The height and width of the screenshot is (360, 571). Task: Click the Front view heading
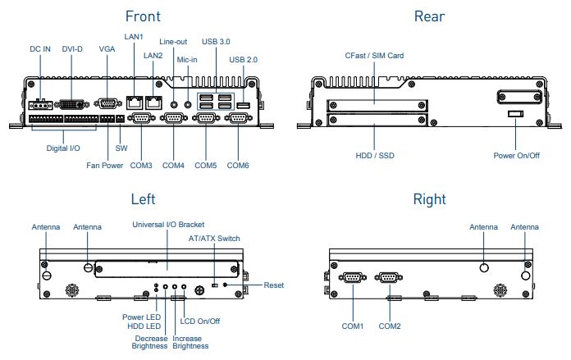point(142,16)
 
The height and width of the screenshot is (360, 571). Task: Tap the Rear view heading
point(429,16)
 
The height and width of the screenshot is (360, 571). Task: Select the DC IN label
point(40,50)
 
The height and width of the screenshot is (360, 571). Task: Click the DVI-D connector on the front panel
point(72,103)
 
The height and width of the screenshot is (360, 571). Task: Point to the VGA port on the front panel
point(107,103)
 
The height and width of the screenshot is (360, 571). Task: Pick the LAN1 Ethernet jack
point(134,103)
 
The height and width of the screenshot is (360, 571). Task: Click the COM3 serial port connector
point(141,120)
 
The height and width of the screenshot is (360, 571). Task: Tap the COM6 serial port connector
point(239,120)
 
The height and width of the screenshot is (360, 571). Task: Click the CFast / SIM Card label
point(374,56)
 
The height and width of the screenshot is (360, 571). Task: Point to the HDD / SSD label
point(374,155)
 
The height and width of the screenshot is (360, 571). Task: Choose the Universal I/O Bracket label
point(168,224)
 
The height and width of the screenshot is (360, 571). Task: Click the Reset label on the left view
point(274,285)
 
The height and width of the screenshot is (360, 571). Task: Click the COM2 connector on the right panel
point(389,278)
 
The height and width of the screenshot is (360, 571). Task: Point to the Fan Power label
point(105,166)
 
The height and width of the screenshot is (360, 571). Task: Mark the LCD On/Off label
point(201,321)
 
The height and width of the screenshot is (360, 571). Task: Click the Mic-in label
point(188,59)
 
